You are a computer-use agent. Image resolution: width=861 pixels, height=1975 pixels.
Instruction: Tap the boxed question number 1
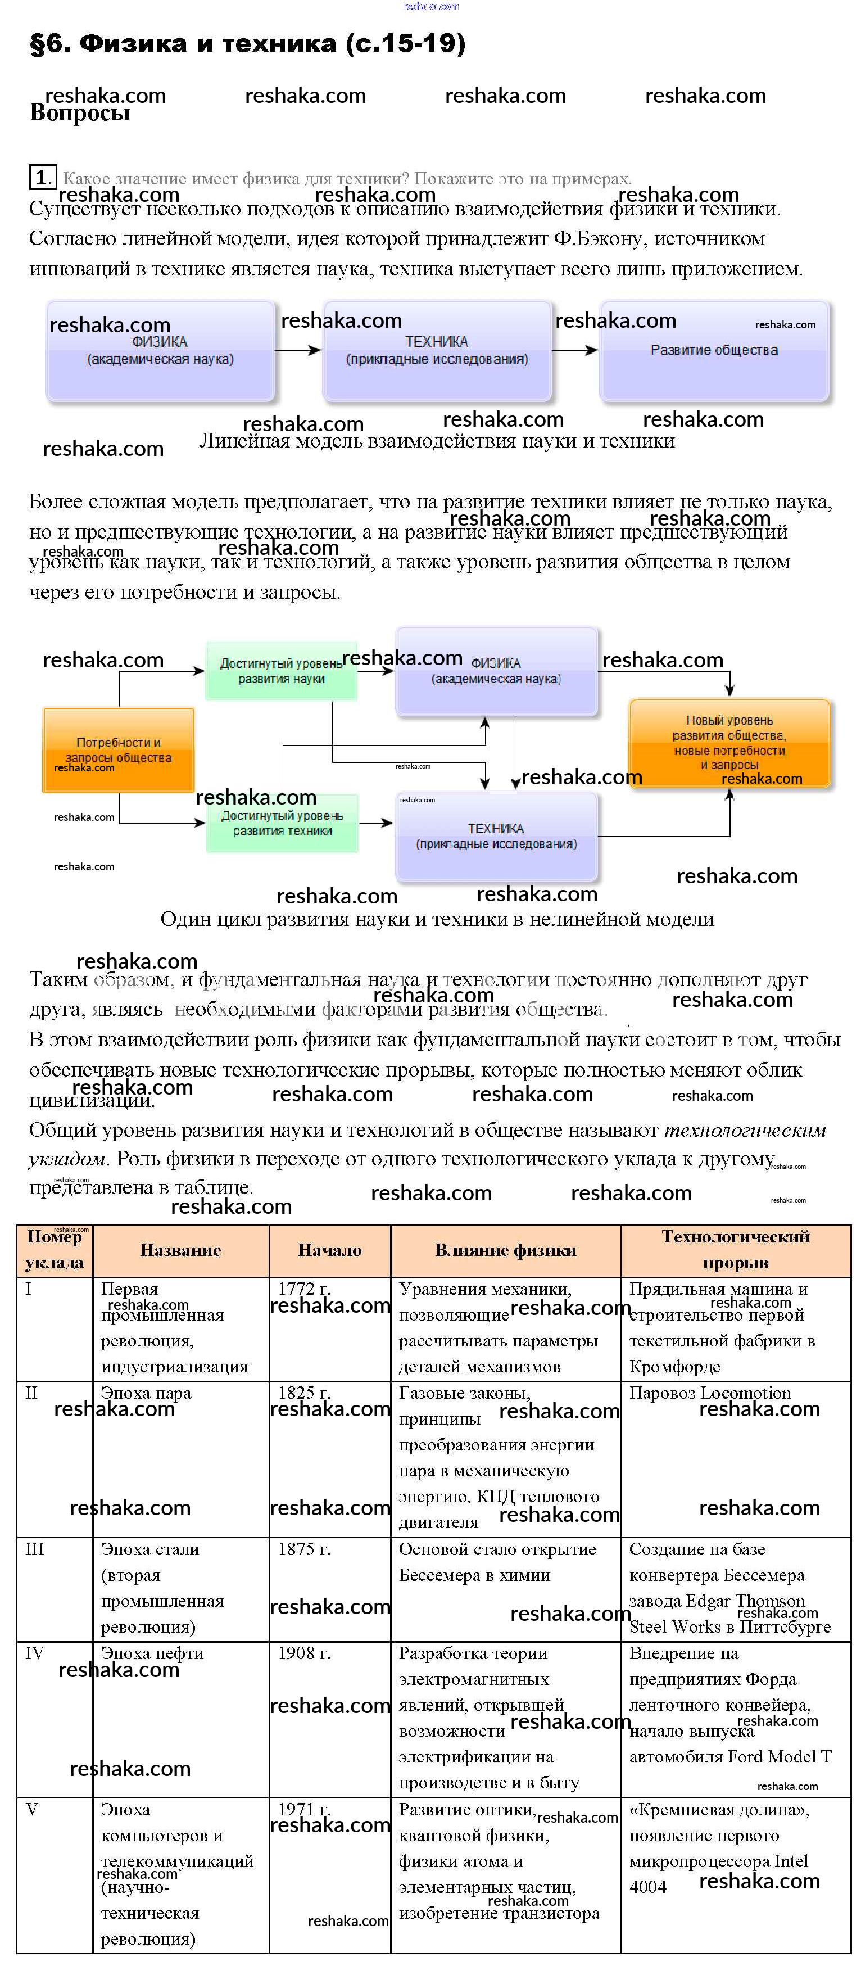tap(42, 178)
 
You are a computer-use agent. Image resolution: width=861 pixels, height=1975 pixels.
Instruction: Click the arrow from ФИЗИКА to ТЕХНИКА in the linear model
tap(297, 350)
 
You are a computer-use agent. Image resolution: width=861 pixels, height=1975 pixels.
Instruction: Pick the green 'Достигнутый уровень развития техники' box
tap(282, 822)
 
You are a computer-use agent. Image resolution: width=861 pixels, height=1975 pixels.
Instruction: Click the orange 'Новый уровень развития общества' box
tap(729, 742)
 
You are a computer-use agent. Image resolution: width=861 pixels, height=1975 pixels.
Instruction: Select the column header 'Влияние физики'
tap(505, 1250)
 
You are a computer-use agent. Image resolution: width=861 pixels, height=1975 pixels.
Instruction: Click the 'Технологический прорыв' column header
tap(735, 1249)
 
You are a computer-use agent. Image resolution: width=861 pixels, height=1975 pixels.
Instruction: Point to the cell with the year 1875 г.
tap(305, 1549)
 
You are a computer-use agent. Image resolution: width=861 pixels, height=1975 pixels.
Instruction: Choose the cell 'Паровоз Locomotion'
tap(710, 1393)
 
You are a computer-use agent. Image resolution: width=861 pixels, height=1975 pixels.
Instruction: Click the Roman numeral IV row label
tap(34, 1653)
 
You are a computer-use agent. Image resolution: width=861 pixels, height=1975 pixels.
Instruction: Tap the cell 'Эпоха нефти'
tap(152, 1653)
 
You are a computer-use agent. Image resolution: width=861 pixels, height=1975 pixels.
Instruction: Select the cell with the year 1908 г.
tap(305, 1653)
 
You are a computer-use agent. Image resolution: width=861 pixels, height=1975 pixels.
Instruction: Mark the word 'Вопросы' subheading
tap(80, 114)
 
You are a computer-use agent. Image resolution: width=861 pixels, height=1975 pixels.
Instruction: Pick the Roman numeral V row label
tap(31, 1809)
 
